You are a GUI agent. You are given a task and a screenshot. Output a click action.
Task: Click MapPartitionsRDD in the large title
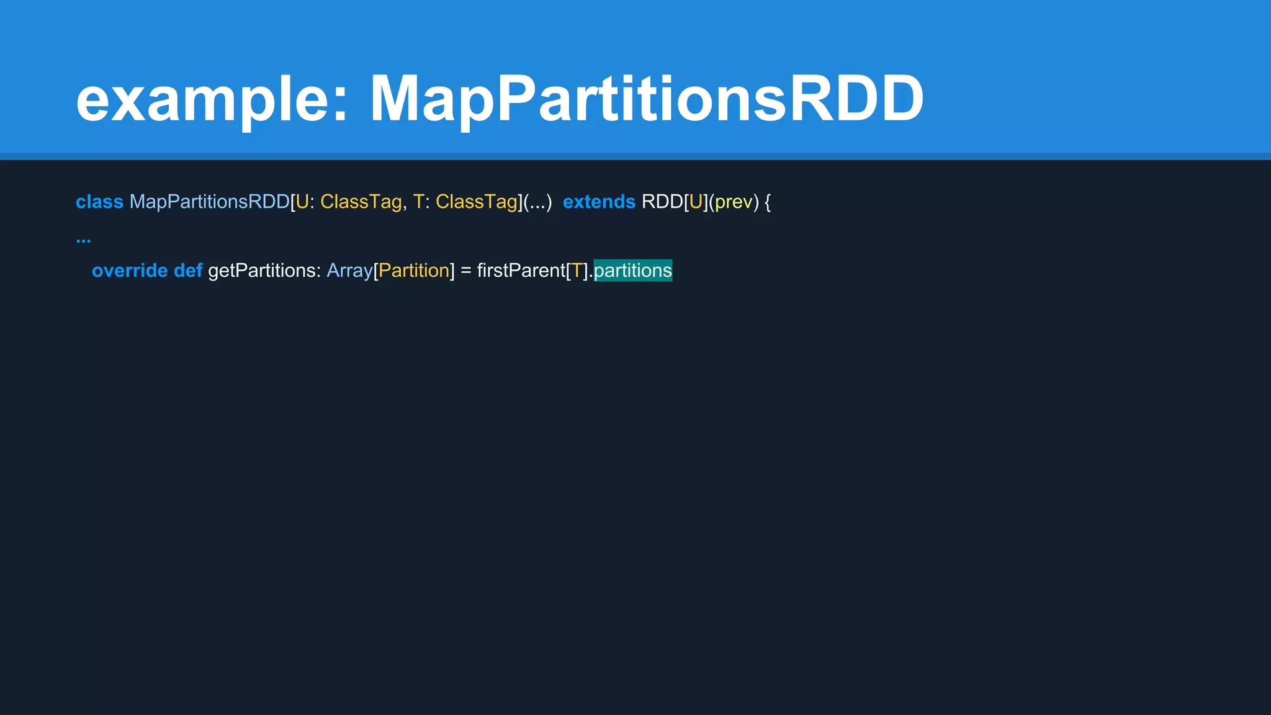pyautogui.click(x=647, y=99)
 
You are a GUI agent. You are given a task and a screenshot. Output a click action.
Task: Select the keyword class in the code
pyautogui.click(x=99, y=202)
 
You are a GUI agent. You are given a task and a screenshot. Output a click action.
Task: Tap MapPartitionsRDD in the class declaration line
pyautogui.click(x=209, y=202)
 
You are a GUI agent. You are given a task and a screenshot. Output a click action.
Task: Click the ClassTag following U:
pyautogui.click(x=361, y=202)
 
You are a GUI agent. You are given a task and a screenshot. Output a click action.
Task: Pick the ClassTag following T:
pyautogui.click(x=476, y=202)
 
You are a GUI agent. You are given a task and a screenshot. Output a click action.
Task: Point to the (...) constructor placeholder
pyautogui.click(x=537, y=202)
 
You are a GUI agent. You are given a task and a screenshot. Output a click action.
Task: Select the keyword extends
pyautogui.click(x=599, y=202)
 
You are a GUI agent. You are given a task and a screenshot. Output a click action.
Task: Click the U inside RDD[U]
pyautogui.click(x=695, y=202)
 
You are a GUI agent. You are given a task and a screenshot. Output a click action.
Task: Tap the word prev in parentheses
pyautogui.click(x=734, y=202)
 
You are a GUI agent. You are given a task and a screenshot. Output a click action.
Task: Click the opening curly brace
pyautogui.click(x=768, y=202)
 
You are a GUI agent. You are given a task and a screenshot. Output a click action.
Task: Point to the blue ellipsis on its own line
pyautogui.click(x=83, y=238)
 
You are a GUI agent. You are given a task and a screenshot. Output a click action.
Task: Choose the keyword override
pyautogui.click(x=130, y=271)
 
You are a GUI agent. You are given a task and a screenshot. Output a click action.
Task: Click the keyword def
pyautogui.click(x=188, y=271)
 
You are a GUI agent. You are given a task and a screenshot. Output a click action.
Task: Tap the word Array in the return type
pyautogui.click(x=349, y=271)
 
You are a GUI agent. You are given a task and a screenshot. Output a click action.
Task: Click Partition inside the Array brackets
pyautogui.click(x=414, y=271)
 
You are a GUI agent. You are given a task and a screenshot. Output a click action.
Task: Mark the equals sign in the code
pyautogui.click(x=466, y=271)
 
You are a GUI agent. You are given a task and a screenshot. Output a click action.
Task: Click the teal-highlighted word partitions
pyautogui.click(x=632, y=271)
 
